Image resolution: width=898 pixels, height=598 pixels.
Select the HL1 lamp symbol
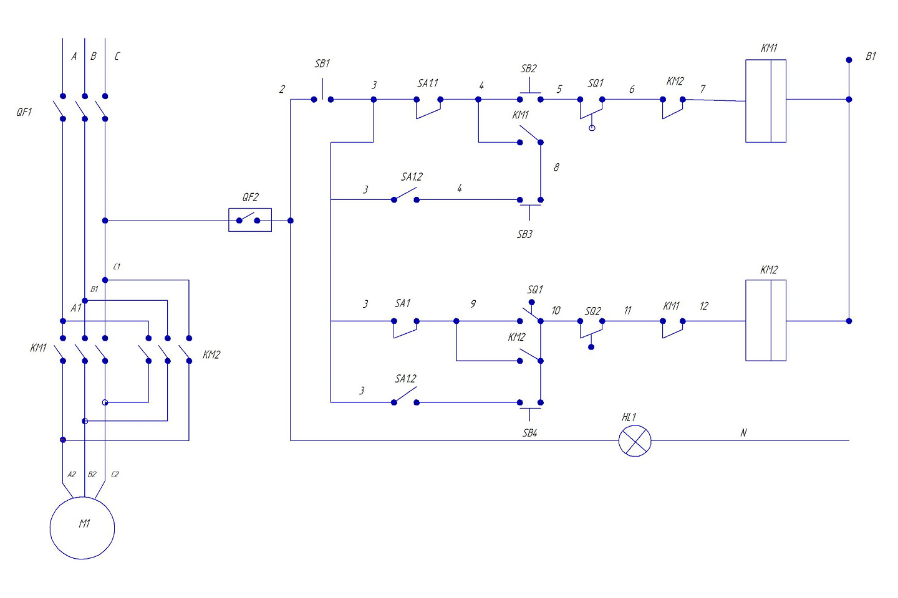[x=635, y=440]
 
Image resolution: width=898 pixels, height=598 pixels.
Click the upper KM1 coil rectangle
[x=746, y=101]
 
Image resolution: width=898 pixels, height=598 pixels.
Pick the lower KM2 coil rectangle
[x=746, y=320]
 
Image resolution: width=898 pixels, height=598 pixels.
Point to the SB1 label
[x=322, y=64]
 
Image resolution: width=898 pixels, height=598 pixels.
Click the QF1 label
[x=24, y=112]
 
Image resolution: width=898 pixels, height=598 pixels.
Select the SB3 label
[x=524, y=234]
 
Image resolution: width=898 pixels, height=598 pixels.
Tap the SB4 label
[x=529, y=433]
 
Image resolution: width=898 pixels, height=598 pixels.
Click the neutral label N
[x=743, y=432]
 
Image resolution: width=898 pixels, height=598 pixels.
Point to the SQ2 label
[x=593, y=311]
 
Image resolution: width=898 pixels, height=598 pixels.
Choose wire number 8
[x=556, y=167]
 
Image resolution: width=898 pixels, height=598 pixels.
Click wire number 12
[x=704, y=306]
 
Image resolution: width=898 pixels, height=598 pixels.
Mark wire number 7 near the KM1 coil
[x=703, y=89]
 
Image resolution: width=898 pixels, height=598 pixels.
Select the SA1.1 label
[x=428, y=83]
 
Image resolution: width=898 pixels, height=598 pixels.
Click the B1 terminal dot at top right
[x=849, y=60]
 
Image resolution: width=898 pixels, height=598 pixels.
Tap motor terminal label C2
[x=115, y=475]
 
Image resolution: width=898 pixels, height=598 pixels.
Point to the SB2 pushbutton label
[x=528, y=69]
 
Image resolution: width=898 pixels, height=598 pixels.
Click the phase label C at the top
[x=117, y=57]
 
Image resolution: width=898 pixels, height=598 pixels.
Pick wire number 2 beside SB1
[x=282, y=89]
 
